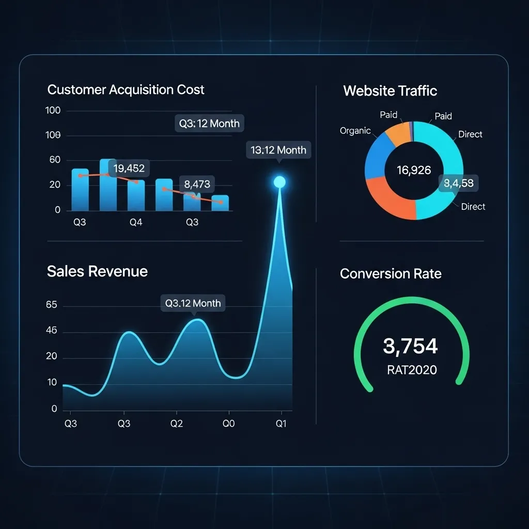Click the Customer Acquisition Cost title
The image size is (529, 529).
click(126, 89)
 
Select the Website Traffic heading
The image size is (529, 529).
click(390, 91)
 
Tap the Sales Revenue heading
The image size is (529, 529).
click(97, 271)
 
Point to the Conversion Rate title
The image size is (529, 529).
click(391, 273)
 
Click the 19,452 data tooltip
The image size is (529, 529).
click(129, 168)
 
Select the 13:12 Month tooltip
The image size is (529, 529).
click(278, 150)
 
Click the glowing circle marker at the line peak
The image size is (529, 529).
click(279, 182)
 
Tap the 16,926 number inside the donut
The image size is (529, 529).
click(413, 170)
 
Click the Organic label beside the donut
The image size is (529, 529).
click(355, 131)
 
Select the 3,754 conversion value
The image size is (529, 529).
click(411, 346)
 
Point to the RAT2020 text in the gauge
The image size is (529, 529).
click(411, 370)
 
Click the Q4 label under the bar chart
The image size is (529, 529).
click(136, 222)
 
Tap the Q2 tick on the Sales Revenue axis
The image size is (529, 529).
click(177, 424)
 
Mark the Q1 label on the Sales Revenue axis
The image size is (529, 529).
click(281, 424)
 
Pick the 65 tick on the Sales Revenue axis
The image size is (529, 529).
click(52, 305)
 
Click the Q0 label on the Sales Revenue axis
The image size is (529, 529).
click(228, 424)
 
